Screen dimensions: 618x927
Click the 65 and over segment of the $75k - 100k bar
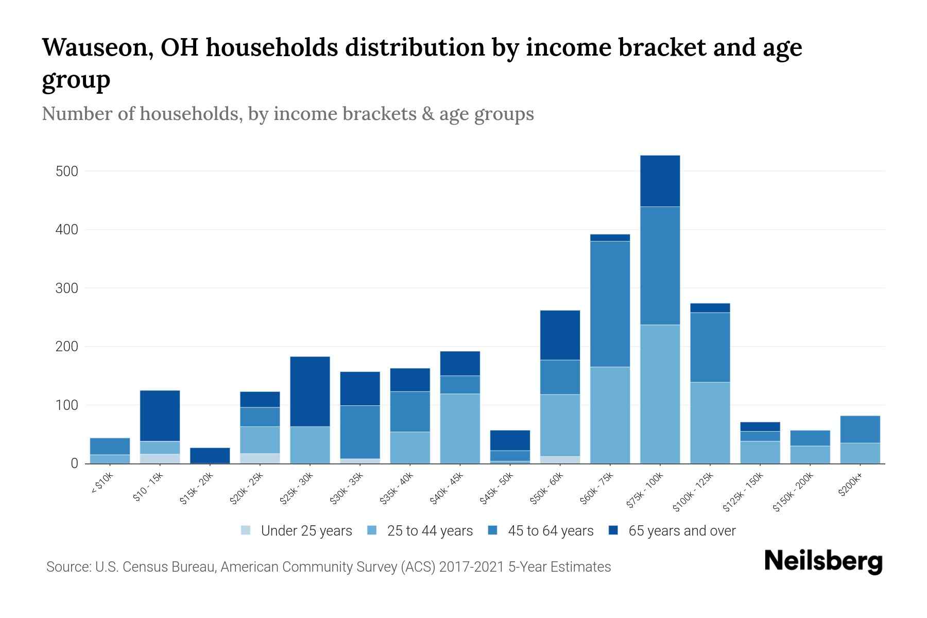660,181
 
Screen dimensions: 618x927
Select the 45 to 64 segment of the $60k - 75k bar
610,304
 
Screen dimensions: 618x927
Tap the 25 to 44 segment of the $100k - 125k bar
710,422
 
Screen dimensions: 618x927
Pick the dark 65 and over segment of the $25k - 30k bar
310,391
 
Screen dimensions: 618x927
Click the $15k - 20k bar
210,455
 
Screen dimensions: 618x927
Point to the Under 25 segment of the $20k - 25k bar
260,458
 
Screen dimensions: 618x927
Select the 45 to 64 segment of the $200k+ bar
860,429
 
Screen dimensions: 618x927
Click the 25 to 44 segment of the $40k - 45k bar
460,428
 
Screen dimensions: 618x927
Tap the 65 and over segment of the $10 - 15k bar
160,416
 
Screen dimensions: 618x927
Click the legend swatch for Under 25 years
246,530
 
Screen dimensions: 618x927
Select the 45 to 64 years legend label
551,531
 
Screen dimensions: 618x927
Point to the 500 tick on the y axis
66,171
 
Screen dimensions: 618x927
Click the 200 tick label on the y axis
66,347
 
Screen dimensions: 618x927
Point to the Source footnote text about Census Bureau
328,567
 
